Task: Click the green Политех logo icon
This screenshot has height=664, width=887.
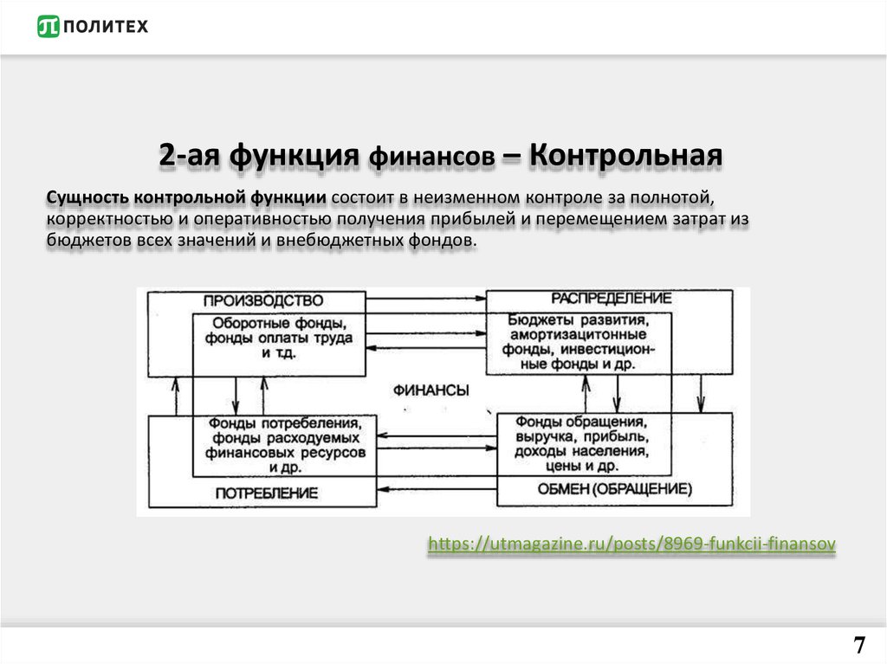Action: (x=49, y=27)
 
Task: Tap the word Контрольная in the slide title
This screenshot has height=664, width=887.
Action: (x=625, y=156)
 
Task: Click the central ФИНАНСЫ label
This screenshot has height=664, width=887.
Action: (x=431, y=390)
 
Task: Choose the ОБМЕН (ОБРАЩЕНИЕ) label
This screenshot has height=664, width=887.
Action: (x=615, y=489)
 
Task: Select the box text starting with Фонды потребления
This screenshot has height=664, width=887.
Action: (x=284, y=445)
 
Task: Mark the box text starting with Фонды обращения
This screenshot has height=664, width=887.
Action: (x=580, y=443)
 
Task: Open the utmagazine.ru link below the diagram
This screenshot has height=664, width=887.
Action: (x=632, y=544)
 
